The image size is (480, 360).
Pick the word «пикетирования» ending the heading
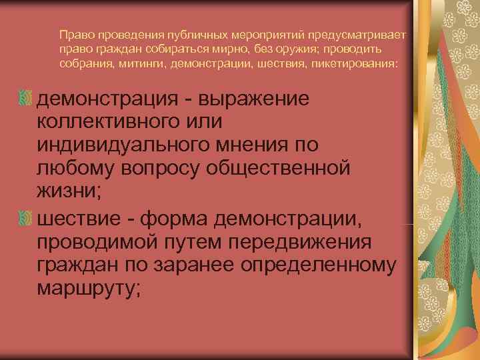(x=357, y=65)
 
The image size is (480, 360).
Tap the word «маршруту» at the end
(x=87, y=289)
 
